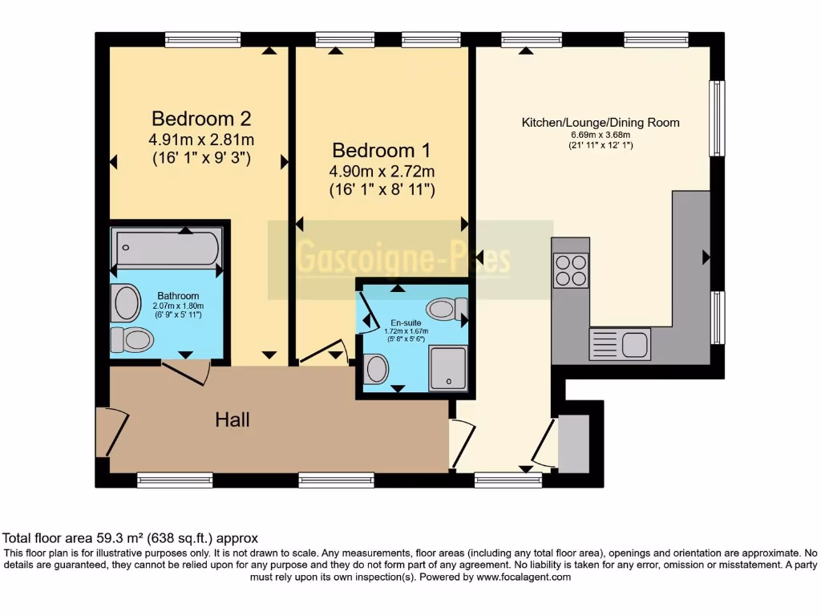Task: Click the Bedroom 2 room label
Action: pos(201,119)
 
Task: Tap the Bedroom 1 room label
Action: pos(382,150)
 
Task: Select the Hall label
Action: pos(232,419)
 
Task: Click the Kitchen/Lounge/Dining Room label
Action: pos(601,123)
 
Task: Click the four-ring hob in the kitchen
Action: pos(570,269)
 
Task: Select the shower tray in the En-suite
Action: pos(448,368)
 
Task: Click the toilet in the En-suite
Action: pos(446,309)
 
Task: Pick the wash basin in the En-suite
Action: pos(375,369)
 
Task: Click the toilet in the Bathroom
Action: pos(131,340)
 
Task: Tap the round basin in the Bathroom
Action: pos(127,303)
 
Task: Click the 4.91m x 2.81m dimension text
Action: pos(201,140)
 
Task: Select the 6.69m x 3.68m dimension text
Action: pos(601,135)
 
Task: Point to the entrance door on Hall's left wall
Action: pos(112,432)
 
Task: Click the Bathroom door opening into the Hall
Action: pos(186,371)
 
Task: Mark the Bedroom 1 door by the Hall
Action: pos(324,354)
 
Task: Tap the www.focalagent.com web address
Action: pos(524,577)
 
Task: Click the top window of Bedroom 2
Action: pos(203,39)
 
